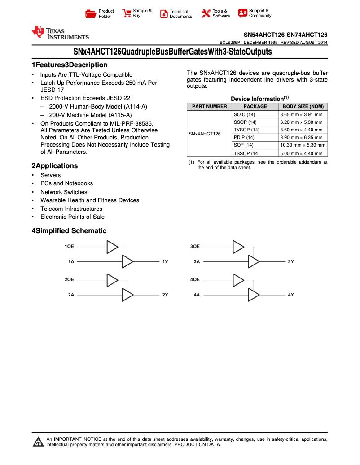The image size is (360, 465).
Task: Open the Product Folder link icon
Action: pyautogui.click(x=91, y=14)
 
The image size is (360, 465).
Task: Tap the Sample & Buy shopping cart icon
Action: pyautogui.click(x=126, y=13)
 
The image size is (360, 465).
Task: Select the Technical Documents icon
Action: pyautogui.click(x=164, y=14)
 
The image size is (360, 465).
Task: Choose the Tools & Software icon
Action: pyautogui.click(x=206, y=13)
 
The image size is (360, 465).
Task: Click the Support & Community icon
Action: pyautogui.click(x=243, y=13)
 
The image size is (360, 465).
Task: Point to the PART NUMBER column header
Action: pyautogui.click(x=209, y=107)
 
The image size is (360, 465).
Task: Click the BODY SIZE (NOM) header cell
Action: pyautogui.click(x=303, y=107)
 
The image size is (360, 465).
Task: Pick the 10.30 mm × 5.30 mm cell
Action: pyautogui.click(x=303, y=145)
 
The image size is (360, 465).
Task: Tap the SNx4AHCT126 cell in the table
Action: pyautogui.click(x=204, y=134)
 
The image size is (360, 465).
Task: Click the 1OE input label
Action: pyautogui.click(x=69, y=247)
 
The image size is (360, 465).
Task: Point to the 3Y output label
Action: pyautogui.click(x=291, y=261)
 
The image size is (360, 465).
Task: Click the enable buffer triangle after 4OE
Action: pyautogui.click(x=238, y=280)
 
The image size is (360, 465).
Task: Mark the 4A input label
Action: pyautogui.click(x=197, y=295)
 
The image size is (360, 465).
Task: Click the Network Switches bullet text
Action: pyautogui.click(x=64, y=192)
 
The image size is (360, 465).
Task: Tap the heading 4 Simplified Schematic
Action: pyautogui.click(x=69, y=231)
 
